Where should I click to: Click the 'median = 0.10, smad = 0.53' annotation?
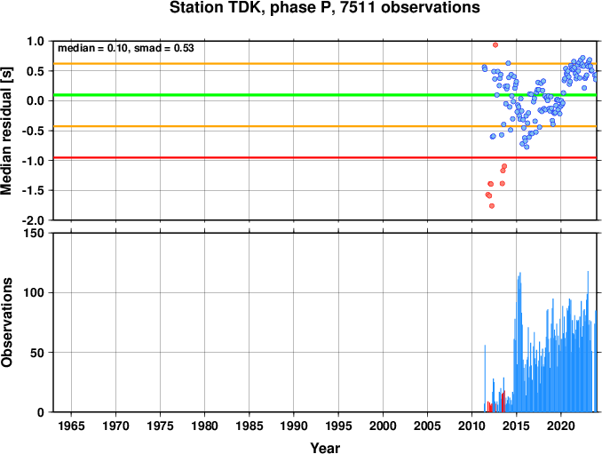[126, 48]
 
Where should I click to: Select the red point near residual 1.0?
[495, 45]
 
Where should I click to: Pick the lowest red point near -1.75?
[492, 206]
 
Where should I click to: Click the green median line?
[325, 95]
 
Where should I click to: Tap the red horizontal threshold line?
[325, 157]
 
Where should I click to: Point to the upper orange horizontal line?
[325, 64]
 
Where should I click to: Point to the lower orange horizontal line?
[325, 126]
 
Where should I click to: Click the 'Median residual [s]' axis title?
[6, 131]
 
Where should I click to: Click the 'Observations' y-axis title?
[6, 323]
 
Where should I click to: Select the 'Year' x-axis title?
[325, 448]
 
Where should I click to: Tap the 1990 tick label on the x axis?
[294, 426]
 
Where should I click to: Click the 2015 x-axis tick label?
[517, 426]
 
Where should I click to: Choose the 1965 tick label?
[71, 426]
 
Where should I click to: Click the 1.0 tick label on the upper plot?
[36, 41]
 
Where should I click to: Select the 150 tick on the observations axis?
[35, 233]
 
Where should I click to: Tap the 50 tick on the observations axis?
[38, 353]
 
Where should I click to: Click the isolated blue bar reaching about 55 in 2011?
[485, 378]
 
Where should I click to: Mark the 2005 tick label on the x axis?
[427, 426]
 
